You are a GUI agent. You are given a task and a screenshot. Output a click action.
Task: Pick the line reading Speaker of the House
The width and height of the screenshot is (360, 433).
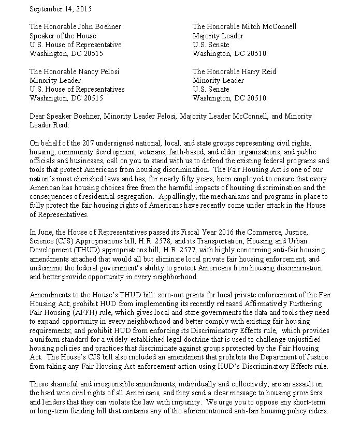coord(63,36)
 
